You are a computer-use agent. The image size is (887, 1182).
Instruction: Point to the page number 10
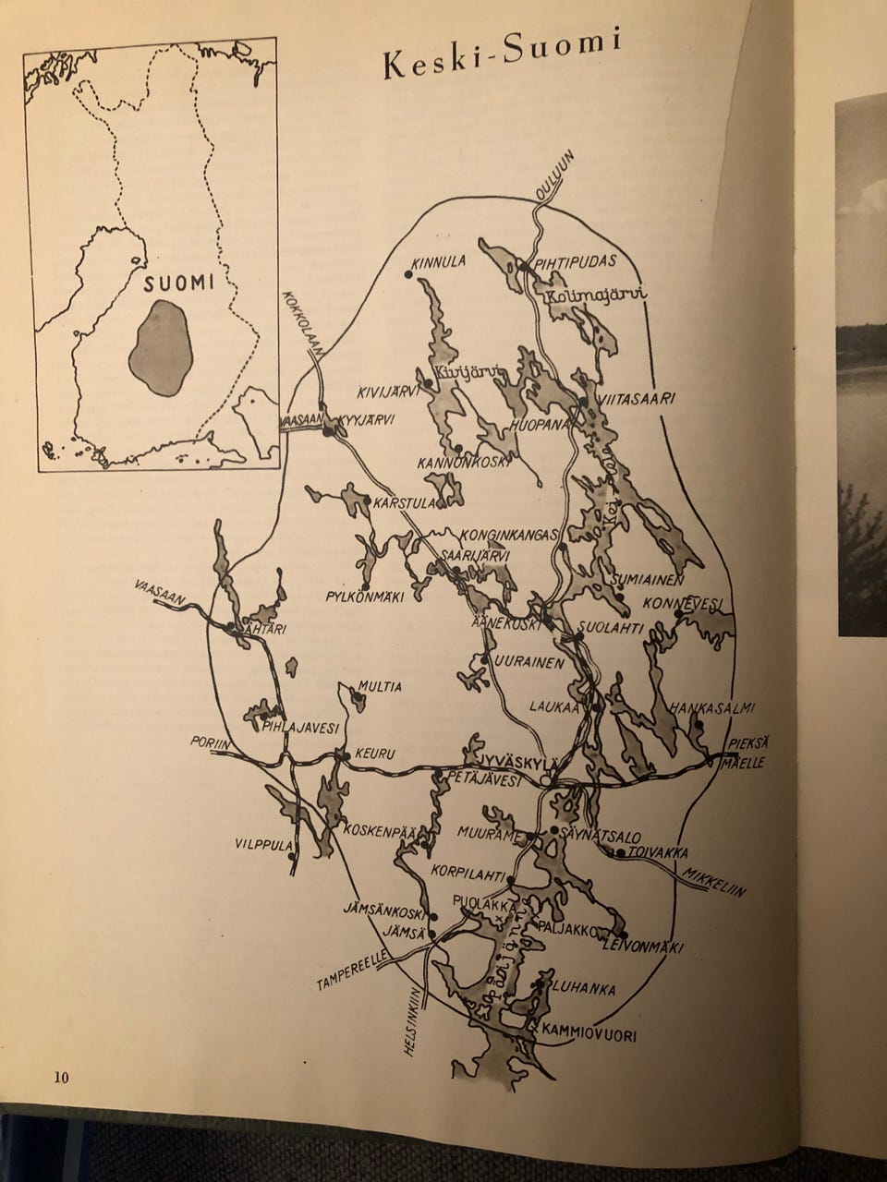point(61,1077)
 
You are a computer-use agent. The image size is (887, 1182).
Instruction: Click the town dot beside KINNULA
point(407,273)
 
